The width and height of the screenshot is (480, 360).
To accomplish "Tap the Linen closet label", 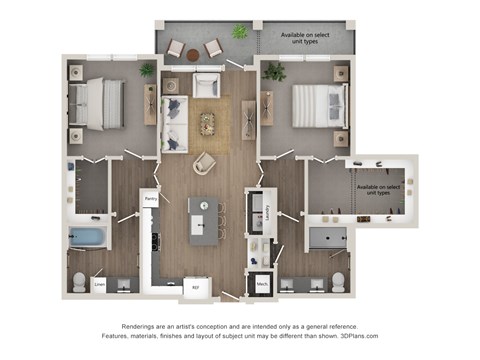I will click(x=100, y=283).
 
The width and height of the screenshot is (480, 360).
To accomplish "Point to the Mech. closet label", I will click(x=262, y=283).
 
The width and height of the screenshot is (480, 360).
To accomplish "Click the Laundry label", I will click(x=270, y=210).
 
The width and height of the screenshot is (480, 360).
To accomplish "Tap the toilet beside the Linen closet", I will click(x=79, y=281).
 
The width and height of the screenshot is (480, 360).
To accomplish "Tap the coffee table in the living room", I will click(x=207, y=123).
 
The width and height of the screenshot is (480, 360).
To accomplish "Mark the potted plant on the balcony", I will click(x=239, y=32).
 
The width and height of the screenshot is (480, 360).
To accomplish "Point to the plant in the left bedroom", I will click(x=148, y=70).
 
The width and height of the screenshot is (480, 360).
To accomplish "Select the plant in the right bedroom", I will click(x=272, y=71).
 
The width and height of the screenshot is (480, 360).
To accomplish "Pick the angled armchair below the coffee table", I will click(x=204, y=162).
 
